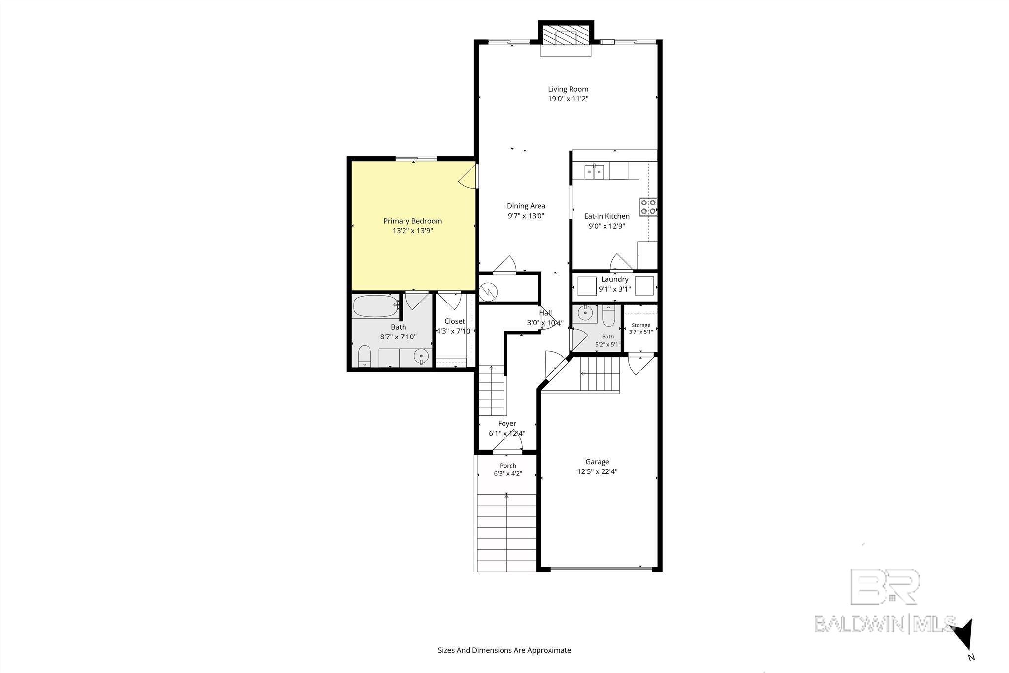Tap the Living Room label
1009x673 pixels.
568,89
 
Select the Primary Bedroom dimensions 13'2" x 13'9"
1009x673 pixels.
412,231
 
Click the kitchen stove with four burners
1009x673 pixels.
648,207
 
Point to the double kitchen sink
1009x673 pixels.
595,172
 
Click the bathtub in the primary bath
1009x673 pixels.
376,306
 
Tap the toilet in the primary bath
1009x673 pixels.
365,356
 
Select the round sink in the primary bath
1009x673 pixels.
421,357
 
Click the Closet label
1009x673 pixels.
454,321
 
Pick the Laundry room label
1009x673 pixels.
614,279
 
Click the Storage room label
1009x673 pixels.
641,325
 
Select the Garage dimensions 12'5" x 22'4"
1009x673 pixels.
598,471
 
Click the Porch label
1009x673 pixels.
508,466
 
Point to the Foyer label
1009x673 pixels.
507,424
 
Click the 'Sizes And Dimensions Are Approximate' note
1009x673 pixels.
504,650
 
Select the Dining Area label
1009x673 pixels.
526,206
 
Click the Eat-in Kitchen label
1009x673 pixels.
606,216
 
